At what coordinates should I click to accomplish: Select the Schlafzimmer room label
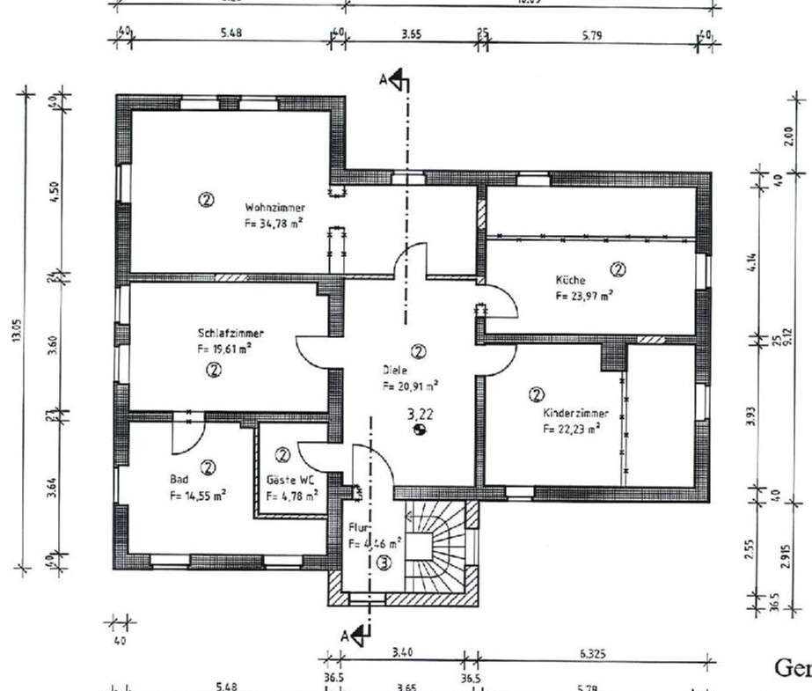[230, 334]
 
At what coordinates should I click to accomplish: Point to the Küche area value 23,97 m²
[584, 297]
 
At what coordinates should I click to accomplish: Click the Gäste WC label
[291, 481]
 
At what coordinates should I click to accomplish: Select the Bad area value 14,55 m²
[198, 496]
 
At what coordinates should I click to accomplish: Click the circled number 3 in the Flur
[384, 563]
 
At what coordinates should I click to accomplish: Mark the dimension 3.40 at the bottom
[401, 652]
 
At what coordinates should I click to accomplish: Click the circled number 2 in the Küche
[618, 268]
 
